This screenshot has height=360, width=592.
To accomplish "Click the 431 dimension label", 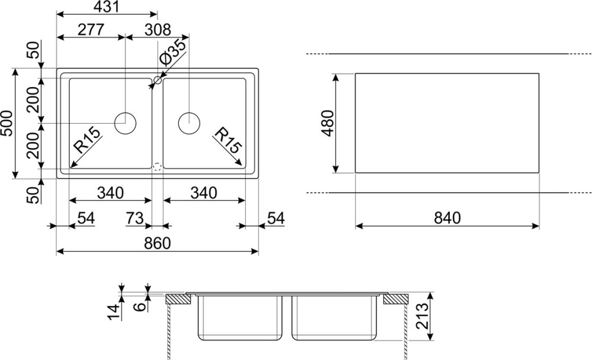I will [107, 8].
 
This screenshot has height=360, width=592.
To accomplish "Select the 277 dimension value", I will [91, 29].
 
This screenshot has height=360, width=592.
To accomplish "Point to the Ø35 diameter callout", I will [173, 53].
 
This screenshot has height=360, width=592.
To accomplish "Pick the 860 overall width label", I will [157, 244].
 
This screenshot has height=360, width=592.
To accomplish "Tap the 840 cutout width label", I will [446, 218].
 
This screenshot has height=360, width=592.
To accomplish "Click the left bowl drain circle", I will [126, 123].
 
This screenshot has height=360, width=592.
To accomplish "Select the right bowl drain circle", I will [189, 123].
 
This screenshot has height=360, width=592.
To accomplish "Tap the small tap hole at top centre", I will [157, 79].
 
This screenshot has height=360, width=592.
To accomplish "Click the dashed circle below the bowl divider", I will [157, 167].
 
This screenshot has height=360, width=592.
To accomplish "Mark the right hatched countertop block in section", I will [394, 299].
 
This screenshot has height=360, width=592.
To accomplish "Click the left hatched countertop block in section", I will [177, 299].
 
